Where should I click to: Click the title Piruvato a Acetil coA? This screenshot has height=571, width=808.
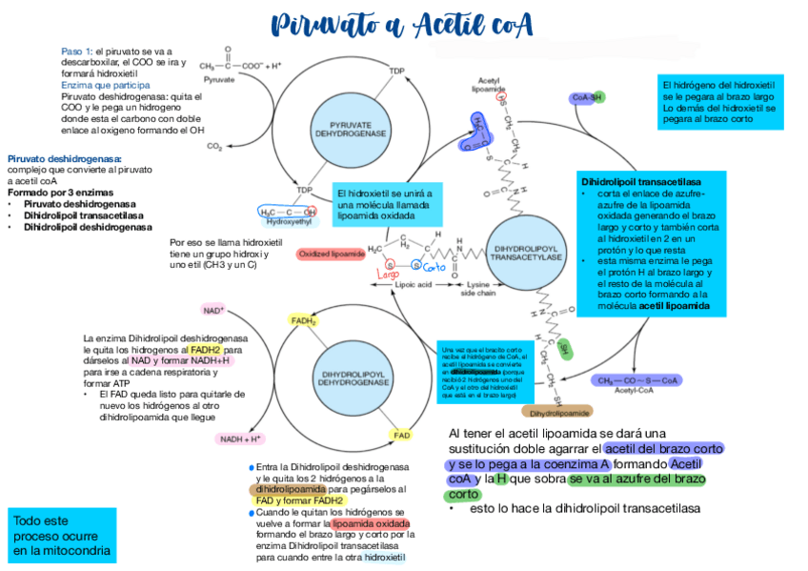click(401, 23)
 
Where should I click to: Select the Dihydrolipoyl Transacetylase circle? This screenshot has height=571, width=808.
click(525, 253)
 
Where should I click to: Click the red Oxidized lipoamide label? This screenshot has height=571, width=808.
click(332, 255)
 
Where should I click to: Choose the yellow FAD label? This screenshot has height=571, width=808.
click(402, 435)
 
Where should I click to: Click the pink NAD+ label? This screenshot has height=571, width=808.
click(213, 310)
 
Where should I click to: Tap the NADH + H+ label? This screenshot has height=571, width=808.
click(240, 438)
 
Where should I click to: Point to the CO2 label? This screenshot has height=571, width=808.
click(214, 147)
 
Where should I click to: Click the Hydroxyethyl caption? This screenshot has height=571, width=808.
click(290, 222)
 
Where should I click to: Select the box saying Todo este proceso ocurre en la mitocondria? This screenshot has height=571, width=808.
click(61, 534)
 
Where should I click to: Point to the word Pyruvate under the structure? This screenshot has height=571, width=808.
click(219, 79)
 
